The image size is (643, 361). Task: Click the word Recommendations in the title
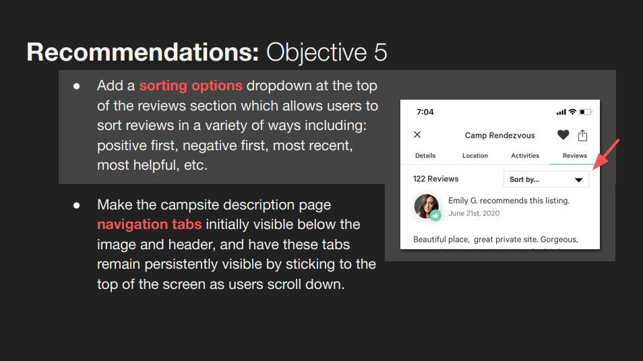143,52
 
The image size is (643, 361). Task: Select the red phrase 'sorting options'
191,86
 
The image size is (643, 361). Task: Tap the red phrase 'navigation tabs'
149,224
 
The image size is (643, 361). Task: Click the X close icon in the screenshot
417,135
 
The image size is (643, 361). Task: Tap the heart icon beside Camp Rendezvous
563,135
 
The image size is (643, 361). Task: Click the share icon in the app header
583,135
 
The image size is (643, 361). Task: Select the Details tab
425,156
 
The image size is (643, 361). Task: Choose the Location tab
475,156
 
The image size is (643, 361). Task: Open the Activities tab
525,156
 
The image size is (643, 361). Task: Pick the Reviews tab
574,156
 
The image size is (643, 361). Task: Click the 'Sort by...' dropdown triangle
578,180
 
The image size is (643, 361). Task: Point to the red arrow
606,154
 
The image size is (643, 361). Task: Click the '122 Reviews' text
435,178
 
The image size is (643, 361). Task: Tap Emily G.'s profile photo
427,207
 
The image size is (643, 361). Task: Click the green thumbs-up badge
435,215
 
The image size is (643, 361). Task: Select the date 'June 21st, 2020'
474,213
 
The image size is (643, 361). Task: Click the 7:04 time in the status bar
425,112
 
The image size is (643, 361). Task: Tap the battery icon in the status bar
586,112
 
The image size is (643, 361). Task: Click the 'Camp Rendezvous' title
499,135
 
